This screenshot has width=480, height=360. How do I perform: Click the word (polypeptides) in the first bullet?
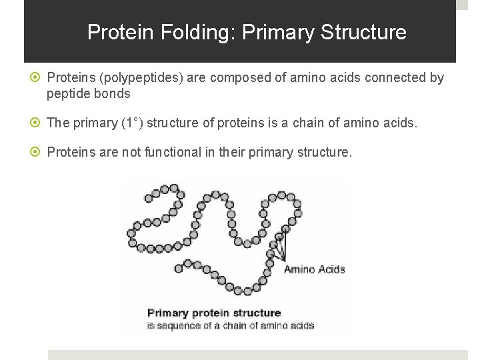coord(139,78)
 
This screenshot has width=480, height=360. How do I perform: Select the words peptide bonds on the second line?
coord(88,94)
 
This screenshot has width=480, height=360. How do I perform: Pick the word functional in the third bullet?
coord(155,153)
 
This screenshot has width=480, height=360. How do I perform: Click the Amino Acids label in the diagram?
coord(314,269)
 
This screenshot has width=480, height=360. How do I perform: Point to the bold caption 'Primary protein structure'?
coord(213,313)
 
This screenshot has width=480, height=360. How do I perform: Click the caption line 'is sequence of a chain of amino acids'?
coord(230,325)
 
